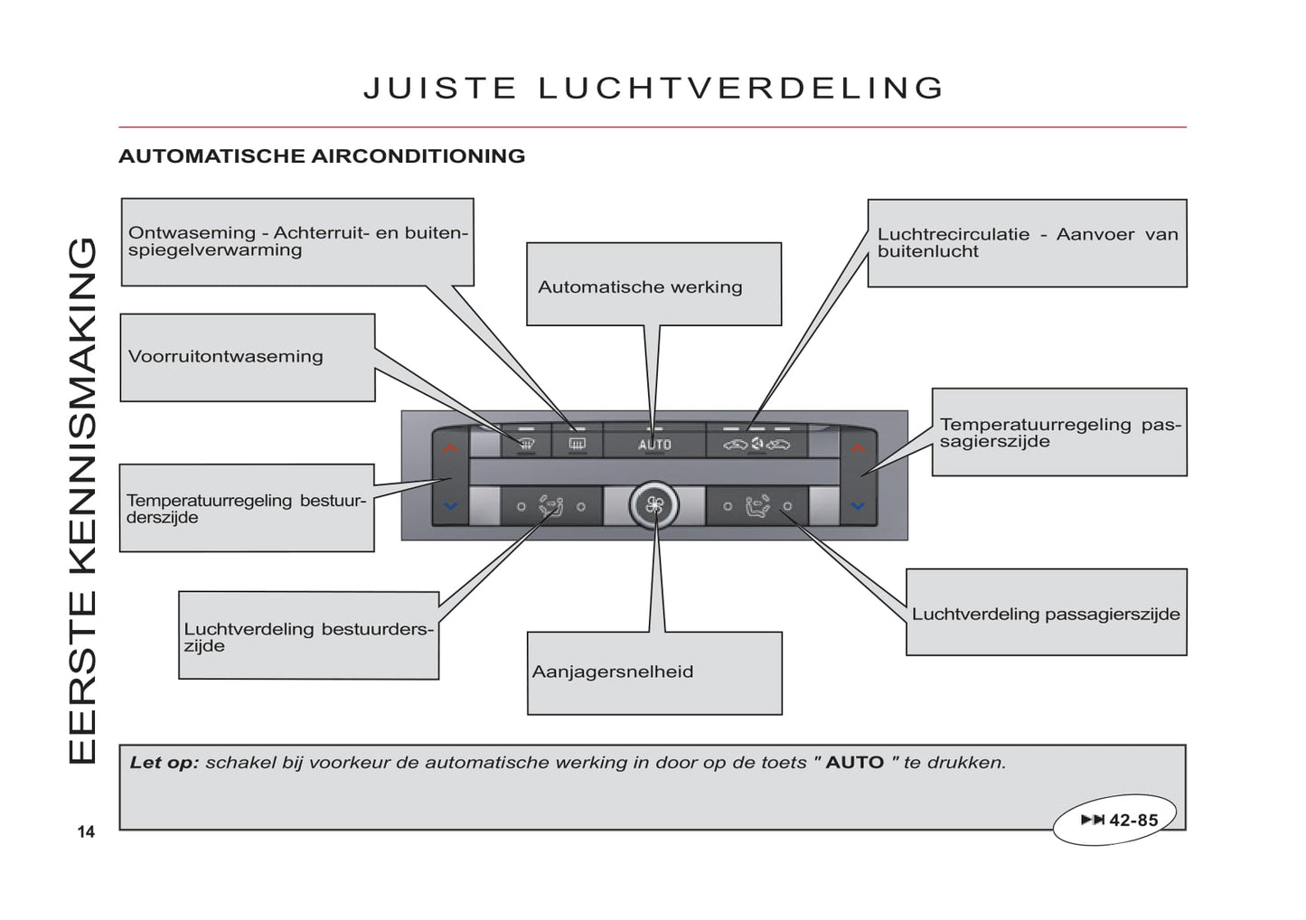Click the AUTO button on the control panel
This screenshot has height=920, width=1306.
(654, 444)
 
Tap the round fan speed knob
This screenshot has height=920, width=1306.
(654, 505)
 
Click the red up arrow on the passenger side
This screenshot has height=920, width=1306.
(858, 447)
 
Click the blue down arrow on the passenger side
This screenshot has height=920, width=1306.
(858, 505)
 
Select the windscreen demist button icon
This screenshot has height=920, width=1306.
(527, 444)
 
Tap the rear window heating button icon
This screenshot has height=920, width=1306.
(577, 444)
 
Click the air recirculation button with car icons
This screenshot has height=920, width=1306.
(756, 444)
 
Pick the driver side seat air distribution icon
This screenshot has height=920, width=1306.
(550, 506)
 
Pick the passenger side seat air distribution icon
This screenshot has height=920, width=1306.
(757, 506)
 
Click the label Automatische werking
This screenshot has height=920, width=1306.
(640, 287)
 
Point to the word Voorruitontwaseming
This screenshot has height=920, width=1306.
(225, 356)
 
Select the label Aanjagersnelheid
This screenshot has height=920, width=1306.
(613, 671)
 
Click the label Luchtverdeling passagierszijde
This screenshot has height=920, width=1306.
(1046, 614)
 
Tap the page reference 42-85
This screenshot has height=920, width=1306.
(1132, 820)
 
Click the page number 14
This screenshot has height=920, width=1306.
(86, 831)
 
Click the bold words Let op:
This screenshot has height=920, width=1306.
(164, 762)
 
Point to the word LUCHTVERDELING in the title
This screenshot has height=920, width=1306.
(741, 88)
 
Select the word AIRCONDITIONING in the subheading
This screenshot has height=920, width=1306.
(418, 155)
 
